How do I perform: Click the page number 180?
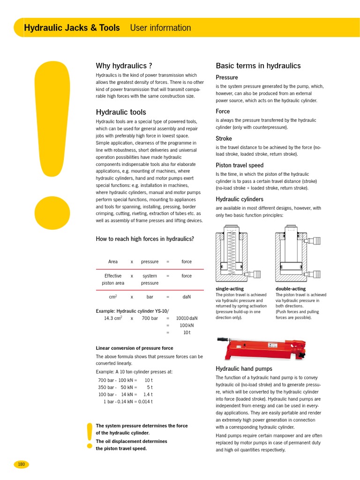coord(21,464)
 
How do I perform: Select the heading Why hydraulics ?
coord(124,66)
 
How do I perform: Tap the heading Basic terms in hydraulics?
coord(258,66)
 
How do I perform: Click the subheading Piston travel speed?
coord(239,165)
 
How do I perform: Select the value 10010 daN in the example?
coord(187,318)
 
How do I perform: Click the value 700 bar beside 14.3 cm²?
coord(149,318)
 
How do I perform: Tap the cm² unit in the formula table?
coord(112,297)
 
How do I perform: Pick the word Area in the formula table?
coord(112,262)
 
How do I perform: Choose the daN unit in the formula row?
coord(187,297)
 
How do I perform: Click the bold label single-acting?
coord(229,289)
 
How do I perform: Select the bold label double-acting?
coord(290,289)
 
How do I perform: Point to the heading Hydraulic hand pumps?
coord(244,368)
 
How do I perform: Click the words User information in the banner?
coord(160,28)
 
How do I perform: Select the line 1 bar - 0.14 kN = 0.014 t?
coord(128,402)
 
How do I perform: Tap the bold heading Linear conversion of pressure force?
coord(135,348)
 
